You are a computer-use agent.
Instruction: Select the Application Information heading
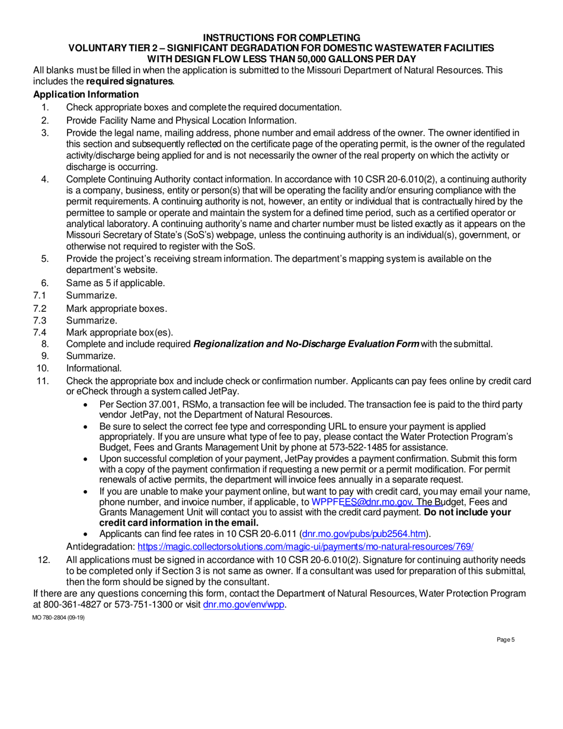(86, 95)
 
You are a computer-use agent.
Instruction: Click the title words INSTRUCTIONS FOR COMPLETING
(281, 37)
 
